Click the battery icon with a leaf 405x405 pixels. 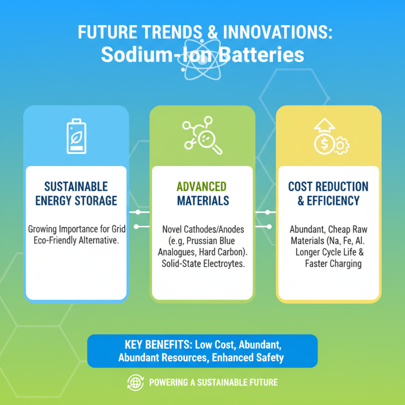[x=76, y=136]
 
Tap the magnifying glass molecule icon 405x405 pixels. [x=202, y=135]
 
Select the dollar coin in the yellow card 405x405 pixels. [x=325, y=144]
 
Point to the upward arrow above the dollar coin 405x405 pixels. [x=325, y=126]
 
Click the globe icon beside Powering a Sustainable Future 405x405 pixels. [x=136, y=382]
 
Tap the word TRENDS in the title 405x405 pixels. [x=172, y=32]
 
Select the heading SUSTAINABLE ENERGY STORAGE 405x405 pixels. [x=76, y=194]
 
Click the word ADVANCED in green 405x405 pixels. [x=201, y=186]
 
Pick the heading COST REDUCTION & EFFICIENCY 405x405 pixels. [x=328, y=194]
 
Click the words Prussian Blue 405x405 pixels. [x=211, y=241]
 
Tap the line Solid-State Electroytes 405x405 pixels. [x=204, y=263]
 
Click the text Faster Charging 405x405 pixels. [x=333, y=264]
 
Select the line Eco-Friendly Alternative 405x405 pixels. [x=76, y=240]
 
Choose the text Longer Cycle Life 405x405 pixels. [x=326, y=252]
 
